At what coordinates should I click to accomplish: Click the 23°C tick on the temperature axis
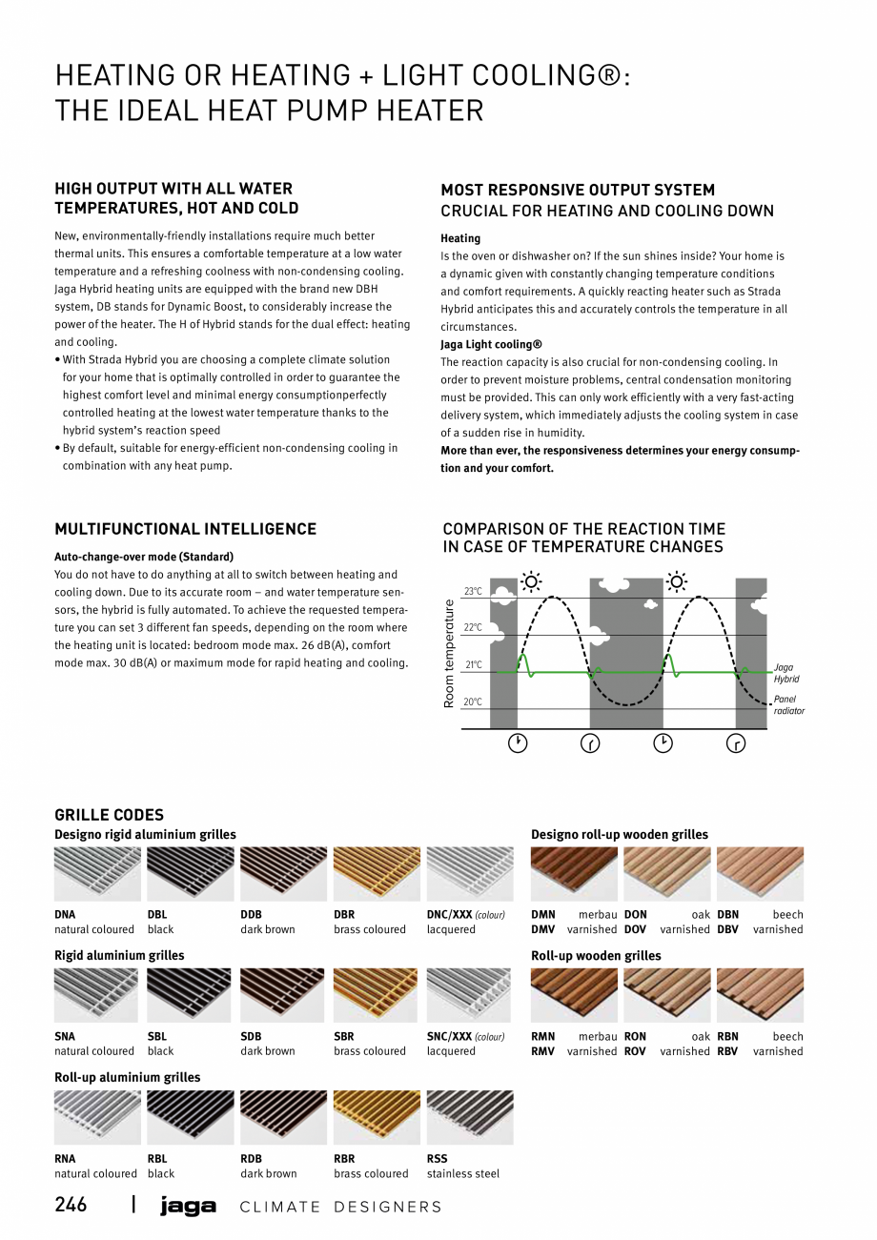click(x=474, y=592)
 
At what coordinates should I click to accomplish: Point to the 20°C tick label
click(x=474, y=702)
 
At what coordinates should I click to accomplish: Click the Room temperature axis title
click(x=450, y=653)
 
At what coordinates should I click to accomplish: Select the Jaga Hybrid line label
click(x=786, y=673)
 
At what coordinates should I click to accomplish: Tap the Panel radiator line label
click(x=788, y=705)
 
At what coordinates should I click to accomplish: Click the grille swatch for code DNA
click(x=96, y=874)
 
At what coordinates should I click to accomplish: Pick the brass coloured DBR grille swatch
click(x=377, y=874)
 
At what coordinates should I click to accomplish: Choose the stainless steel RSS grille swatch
click(x=469, y=1117)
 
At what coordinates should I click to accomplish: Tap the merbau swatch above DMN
click(x=574, y=874)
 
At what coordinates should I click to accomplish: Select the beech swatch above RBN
click(x=760, y=995)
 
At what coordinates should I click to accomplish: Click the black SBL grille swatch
click(x=190, y=995)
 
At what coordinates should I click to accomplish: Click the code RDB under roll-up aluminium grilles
click(x=251, y=1159)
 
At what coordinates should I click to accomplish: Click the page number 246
click(x=71, y=1205)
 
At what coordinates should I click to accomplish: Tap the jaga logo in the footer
click(x=188, y=1207)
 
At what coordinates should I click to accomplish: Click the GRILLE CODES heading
click(x=109, y=815)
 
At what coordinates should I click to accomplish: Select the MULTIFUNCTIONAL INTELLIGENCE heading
click(x=185, y=529)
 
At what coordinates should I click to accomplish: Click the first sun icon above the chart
click(x=531, y=581)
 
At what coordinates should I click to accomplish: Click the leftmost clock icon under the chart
click(x=517, y=743)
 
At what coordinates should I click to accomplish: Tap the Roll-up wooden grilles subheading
click(x=596, y=956)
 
